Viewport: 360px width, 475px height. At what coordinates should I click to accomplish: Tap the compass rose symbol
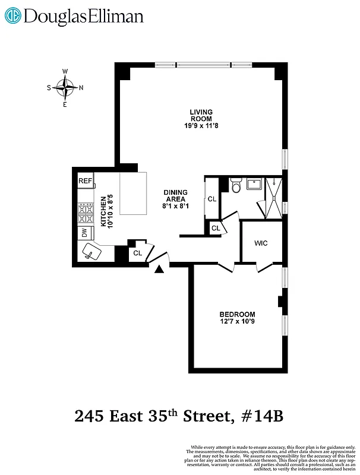[65, 88]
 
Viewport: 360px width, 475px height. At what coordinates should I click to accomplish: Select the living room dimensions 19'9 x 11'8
[201, 126]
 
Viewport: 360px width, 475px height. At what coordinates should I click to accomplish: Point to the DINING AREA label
[176, 196]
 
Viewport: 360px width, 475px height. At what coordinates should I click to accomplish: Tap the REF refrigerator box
[86, 181]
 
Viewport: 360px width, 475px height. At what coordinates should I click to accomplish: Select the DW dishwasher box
[85, 233]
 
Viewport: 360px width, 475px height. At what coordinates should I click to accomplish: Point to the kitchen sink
[91, 253]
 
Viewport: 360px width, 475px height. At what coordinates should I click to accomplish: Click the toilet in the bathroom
[235, 187]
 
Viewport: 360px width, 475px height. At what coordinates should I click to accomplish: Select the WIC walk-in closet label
[261, 243]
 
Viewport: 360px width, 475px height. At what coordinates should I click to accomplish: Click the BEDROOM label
[237, 315]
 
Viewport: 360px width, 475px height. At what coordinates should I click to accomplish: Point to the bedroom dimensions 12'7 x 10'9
[237, 322]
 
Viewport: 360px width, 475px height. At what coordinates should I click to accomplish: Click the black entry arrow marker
[159, 270]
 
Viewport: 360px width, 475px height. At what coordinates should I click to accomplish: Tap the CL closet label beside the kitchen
[137, 254]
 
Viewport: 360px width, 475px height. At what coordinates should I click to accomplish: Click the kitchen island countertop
[134, 194]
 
